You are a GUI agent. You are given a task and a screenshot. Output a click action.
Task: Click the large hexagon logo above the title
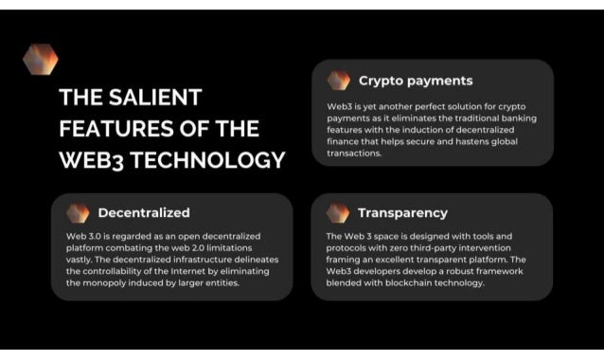click(x=40, y=59)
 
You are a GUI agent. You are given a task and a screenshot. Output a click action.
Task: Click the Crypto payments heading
click(x=415, y=81)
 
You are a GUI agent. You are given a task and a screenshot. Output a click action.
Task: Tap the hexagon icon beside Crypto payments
click(x=338, y=81)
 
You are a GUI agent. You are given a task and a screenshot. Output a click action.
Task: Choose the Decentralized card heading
click(x=143, y=212)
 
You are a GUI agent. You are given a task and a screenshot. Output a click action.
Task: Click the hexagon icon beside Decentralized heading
click(x=78, y=212)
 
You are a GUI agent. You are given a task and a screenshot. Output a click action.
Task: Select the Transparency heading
click(x=402, y=212)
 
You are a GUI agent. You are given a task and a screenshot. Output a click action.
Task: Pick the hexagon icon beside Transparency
click(x=338, y=212)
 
